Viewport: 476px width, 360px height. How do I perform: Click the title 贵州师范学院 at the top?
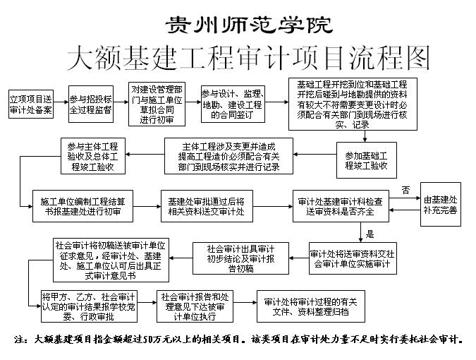tap(249, 25)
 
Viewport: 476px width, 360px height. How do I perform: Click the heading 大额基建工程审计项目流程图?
tap(248, 58)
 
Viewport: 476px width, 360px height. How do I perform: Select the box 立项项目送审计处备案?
tap(30, 104)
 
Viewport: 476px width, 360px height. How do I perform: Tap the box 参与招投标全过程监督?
tap(91, 104)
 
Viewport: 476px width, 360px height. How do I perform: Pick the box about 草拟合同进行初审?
tap(157, 104)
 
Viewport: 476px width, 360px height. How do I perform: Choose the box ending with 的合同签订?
tap(233, 104)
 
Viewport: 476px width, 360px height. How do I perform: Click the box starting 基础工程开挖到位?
tap(353, 104)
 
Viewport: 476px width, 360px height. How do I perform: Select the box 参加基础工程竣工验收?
tap(367, 160)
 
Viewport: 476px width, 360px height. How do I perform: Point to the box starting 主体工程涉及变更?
tap(228, 156)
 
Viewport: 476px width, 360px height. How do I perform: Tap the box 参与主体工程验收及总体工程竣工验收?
tap(93, 156)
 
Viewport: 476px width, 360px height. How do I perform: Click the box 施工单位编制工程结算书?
tap(83, 206)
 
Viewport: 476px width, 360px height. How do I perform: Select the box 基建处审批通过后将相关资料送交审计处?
tap(207, 206)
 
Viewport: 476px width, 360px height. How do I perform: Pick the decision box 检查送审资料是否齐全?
tap(341, 206)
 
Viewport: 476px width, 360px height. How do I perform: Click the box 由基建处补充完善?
tap(441, 204)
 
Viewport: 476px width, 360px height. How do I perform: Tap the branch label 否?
tap(405, 190)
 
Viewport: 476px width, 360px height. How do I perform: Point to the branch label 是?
tap(370, 234)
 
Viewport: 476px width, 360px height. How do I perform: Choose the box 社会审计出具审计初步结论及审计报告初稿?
tap(240, 258)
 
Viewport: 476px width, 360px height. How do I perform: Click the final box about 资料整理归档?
tap(311, 306)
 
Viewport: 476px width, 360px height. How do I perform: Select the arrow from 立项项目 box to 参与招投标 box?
tap(61, 102)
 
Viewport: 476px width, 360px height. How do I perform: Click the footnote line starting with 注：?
tap(238, 339)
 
